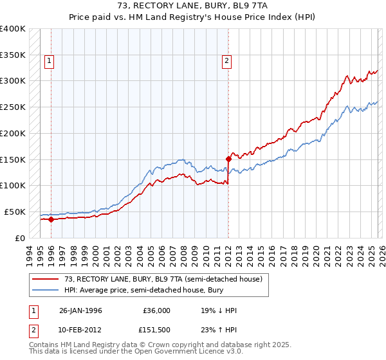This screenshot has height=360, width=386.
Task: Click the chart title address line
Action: (x=193, y=6)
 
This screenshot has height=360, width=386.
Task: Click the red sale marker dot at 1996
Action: (x=51, y=219)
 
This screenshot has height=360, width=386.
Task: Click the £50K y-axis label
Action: (x=15, y=212)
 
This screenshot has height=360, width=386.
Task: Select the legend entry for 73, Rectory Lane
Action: (x=163, y=280)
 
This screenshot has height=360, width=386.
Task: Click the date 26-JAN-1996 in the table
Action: (x=81, y=310)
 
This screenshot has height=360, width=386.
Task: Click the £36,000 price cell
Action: (x=157, y=310)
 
